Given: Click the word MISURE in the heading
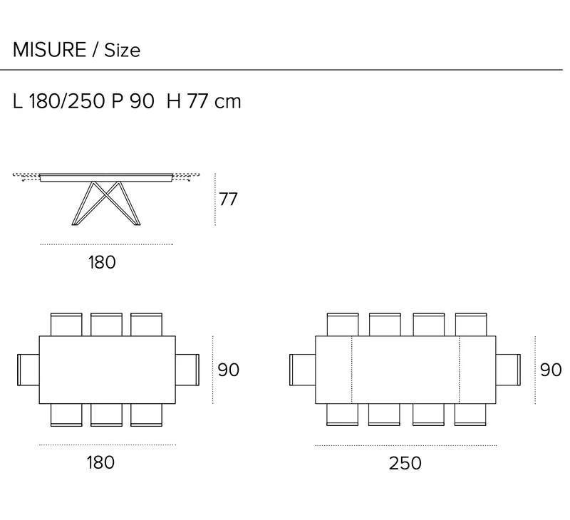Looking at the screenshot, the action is coord(49,50).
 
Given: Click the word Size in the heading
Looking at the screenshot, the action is coord(122,50).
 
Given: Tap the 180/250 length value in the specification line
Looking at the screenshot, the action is coord(67,101).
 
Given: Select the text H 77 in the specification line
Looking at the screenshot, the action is coord(187,101).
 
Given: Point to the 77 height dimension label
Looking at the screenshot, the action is coord(228,199).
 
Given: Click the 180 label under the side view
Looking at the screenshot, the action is coord(102,262).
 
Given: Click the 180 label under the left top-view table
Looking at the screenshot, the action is coord(100,462).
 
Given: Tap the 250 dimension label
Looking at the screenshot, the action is coord(405,463).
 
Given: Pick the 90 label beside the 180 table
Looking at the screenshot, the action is coord(228,370).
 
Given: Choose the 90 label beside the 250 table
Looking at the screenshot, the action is coord(551,370).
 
